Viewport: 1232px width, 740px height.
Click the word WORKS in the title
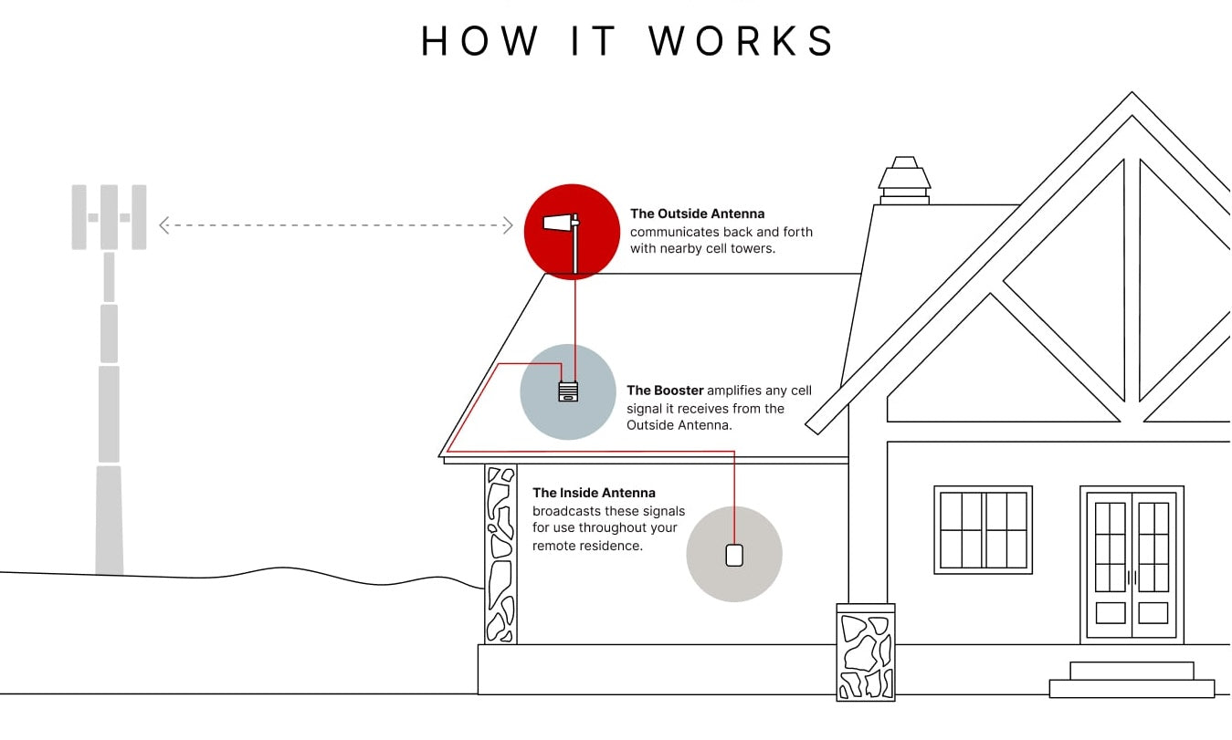click(742, 41)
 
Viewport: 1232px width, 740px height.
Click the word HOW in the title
click(480, 41)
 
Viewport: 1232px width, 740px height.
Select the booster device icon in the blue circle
click(568, 391)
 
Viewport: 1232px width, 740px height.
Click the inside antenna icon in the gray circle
click(734, 554)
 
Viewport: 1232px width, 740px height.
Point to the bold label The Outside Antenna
click(697, 214)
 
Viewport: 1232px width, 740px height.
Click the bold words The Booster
click(665, 391)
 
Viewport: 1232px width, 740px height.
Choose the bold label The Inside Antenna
click(594, 493)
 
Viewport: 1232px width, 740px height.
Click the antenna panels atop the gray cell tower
click(110, 217)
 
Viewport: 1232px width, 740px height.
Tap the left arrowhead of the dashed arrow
click(164, 225)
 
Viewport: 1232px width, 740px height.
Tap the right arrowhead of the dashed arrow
click(508, 225)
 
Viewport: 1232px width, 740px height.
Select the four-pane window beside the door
click(983, 529)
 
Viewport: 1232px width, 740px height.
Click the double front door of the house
click(1132, 564)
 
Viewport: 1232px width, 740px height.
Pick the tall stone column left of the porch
click(500, 554)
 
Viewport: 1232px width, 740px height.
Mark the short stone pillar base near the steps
click(866, 651)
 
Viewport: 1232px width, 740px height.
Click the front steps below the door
click(1132, 680)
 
